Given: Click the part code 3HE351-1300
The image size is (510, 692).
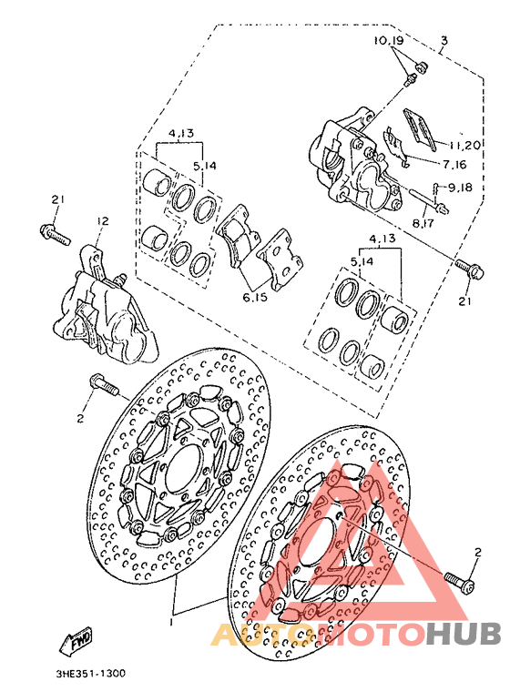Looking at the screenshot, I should coord(89,675).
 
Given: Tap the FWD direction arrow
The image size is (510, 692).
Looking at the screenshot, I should coord(76,645).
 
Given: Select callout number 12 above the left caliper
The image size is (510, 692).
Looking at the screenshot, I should coord(102,221).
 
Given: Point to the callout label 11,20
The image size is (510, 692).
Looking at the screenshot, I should coord(464,145).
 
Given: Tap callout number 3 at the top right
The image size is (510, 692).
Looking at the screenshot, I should coord(444,40).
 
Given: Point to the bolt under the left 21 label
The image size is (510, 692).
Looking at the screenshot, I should coord(55,236).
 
